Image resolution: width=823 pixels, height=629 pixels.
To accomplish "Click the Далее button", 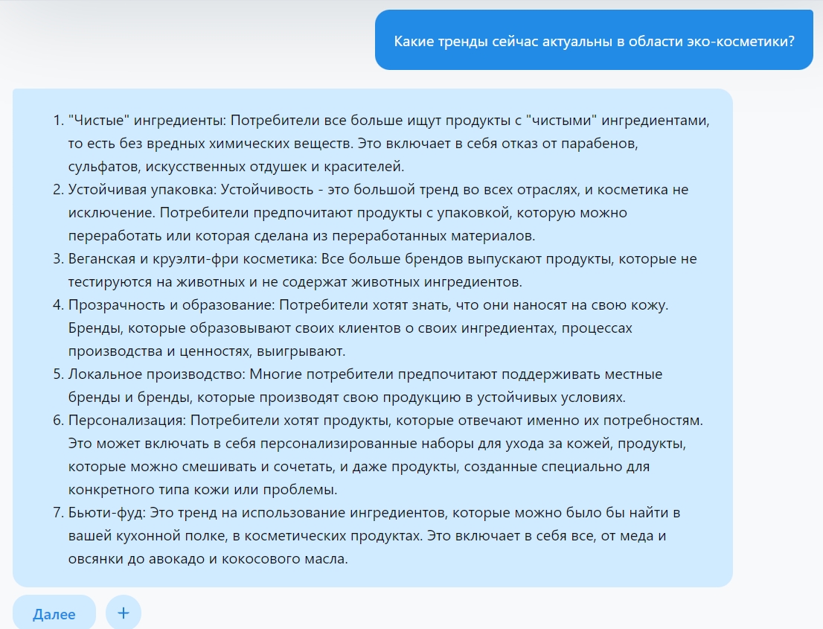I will tap(54, 614).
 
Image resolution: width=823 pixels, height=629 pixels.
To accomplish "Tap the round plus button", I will tap(124, 613).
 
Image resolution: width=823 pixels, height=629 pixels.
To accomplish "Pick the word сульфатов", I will tap(100, 165).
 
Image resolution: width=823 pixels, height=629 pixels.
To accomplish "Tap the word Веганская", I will tap(101, 258).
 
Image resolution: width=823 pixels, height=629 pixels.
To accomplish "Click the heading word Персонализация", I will tap(125, 421).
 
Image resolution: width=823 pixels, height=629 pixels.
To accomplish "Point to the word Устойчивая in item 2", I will tap(105, 189).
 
